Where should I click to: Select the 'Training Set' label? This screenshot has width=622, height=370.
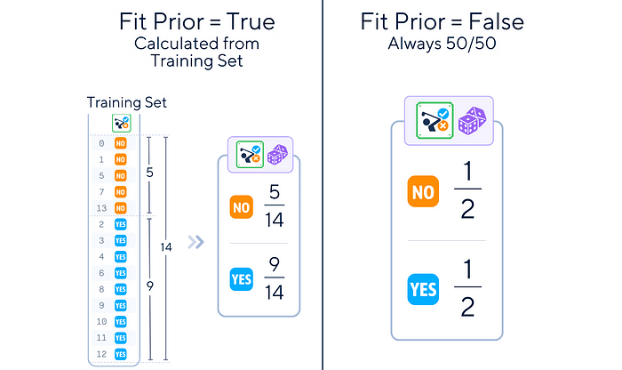[x=127, y=103]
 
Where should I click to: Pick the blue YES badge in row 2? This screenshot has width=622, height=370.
[x=121, y=224]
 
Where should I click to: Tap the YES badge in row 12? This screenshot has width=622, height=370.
[x=121, y=353]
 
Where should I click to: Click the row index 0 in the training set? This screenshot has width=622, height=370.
[x=102, y=142]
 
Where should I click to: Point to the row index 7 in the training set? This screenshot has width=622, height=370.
[x=102, y=191]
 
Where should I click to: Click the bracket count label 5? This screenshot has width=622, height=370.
[x=150, y=173]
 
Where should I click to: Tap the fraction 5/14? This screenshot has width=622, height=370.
[x=273, y=206]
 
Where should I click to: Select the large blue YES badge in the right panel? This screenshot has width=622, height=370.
[x=423, y=290]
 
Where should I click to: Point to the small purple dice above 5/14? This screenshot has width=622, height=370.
[x=277, y=156]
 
